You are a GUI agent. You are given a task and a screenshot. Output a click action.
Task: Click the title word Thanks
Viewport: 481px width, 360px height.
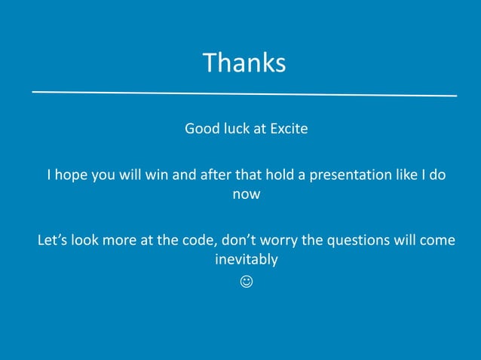(244, 63)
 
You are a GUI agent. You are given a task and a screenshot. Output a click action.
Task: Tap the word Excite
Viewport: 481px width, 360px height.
(289, 129)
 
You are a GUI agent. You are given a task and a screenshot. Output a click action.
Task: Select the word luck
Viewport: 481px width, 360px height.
(237, 129)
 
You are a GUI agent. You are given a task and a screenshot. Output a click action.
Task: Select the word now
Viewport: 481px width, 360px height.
(247, 194)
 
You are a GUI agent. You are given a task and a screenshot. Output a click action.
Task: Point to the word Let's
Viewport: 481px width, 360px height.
(53, 241)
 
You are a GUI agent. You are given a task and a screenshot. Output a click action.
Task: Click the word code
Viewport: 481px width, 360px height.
(188, 241)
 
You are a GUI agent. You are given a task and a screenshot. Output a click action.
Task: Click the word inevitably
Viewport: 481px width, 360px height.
(247, 260)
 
